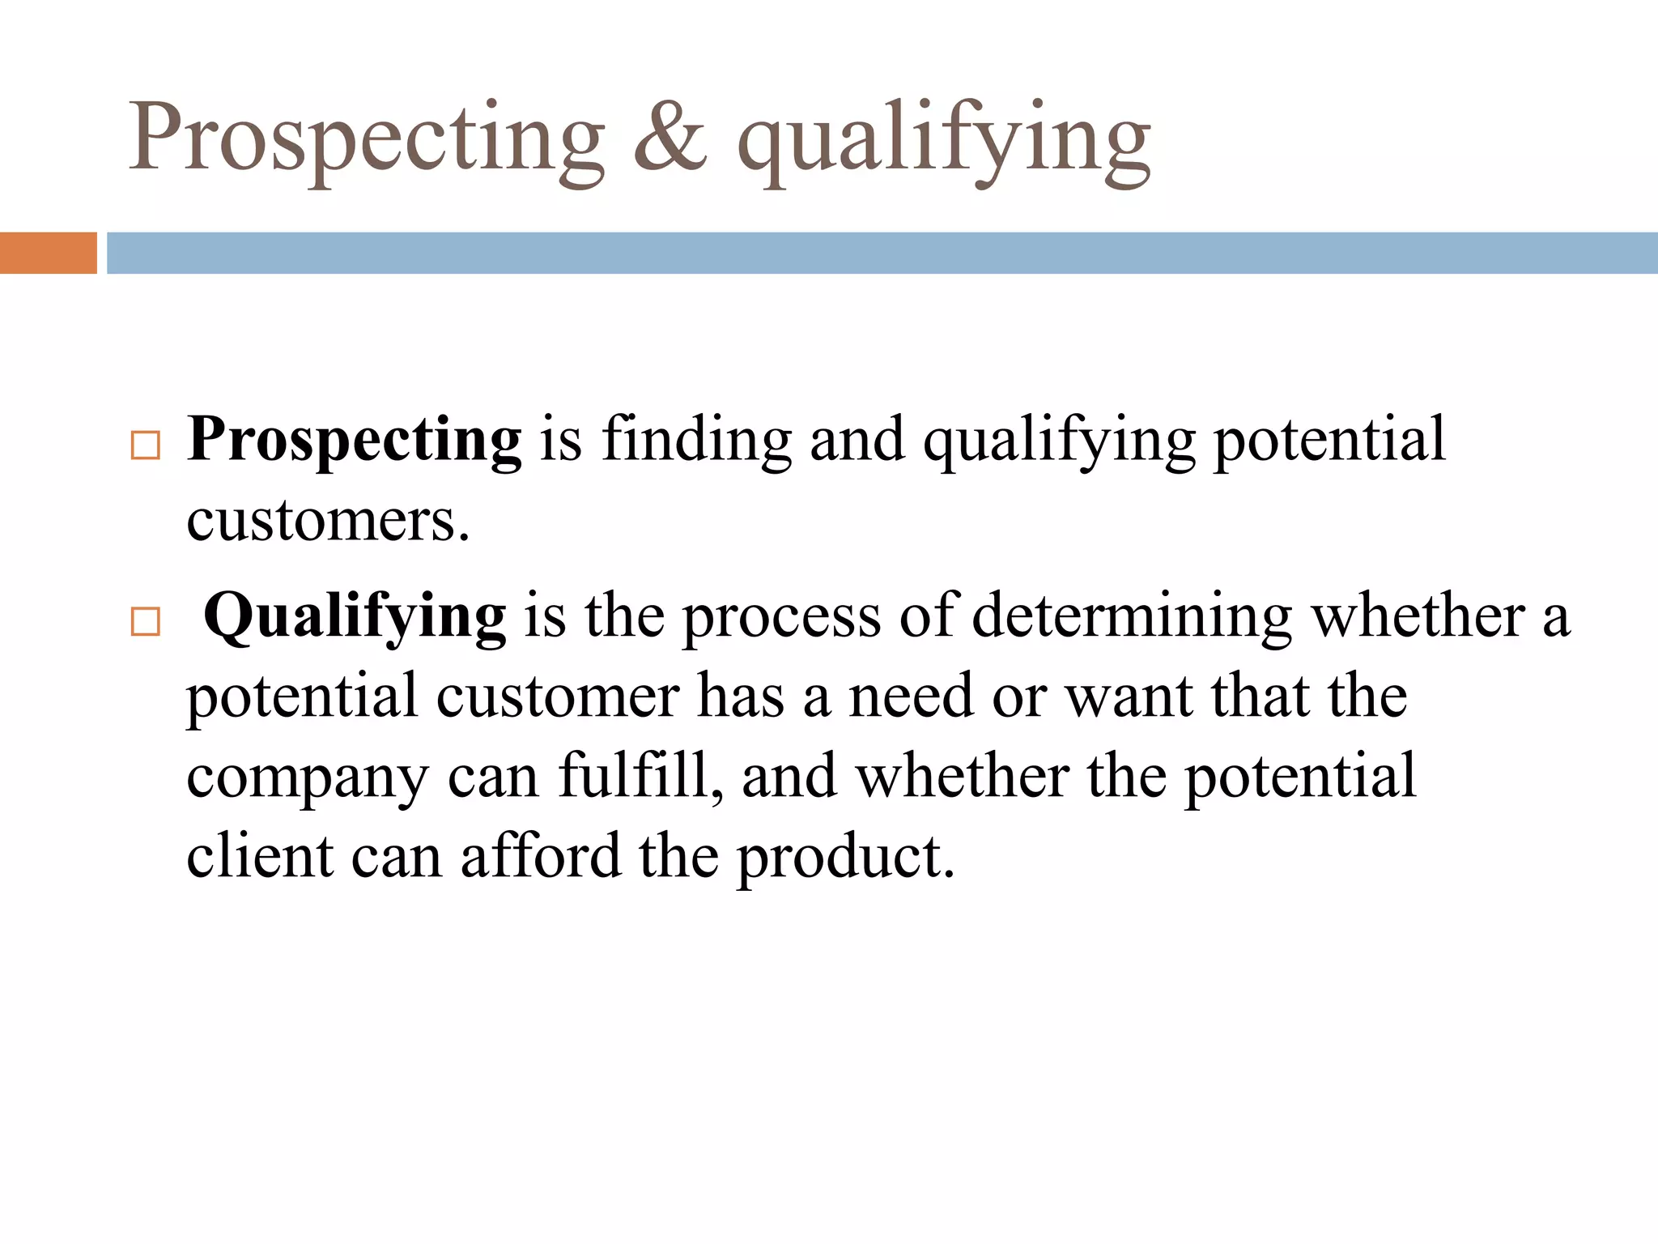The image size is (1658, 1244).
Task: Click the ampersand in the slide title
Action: point(670,138)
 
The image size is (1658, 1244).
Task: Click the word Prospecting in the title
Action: point(367,138)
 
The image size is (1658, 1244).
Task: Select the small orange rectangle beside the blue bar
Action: point(48,253)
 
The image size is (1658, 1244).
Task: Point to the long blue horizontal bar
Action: point(882,253)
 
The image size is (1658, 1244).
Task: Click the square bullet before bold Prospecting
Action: point(145,446)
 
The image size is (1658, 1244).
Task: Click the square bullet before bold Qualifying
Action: point(145,623)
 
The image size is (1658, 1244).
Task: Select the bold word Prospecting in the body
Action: point(354,441)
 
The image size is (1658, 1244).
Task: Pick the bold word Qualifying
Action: point(355,618)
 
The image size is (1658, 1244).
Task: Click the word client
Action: point(260,856)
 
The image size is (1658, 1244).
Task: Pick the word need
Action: point(910,697)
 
